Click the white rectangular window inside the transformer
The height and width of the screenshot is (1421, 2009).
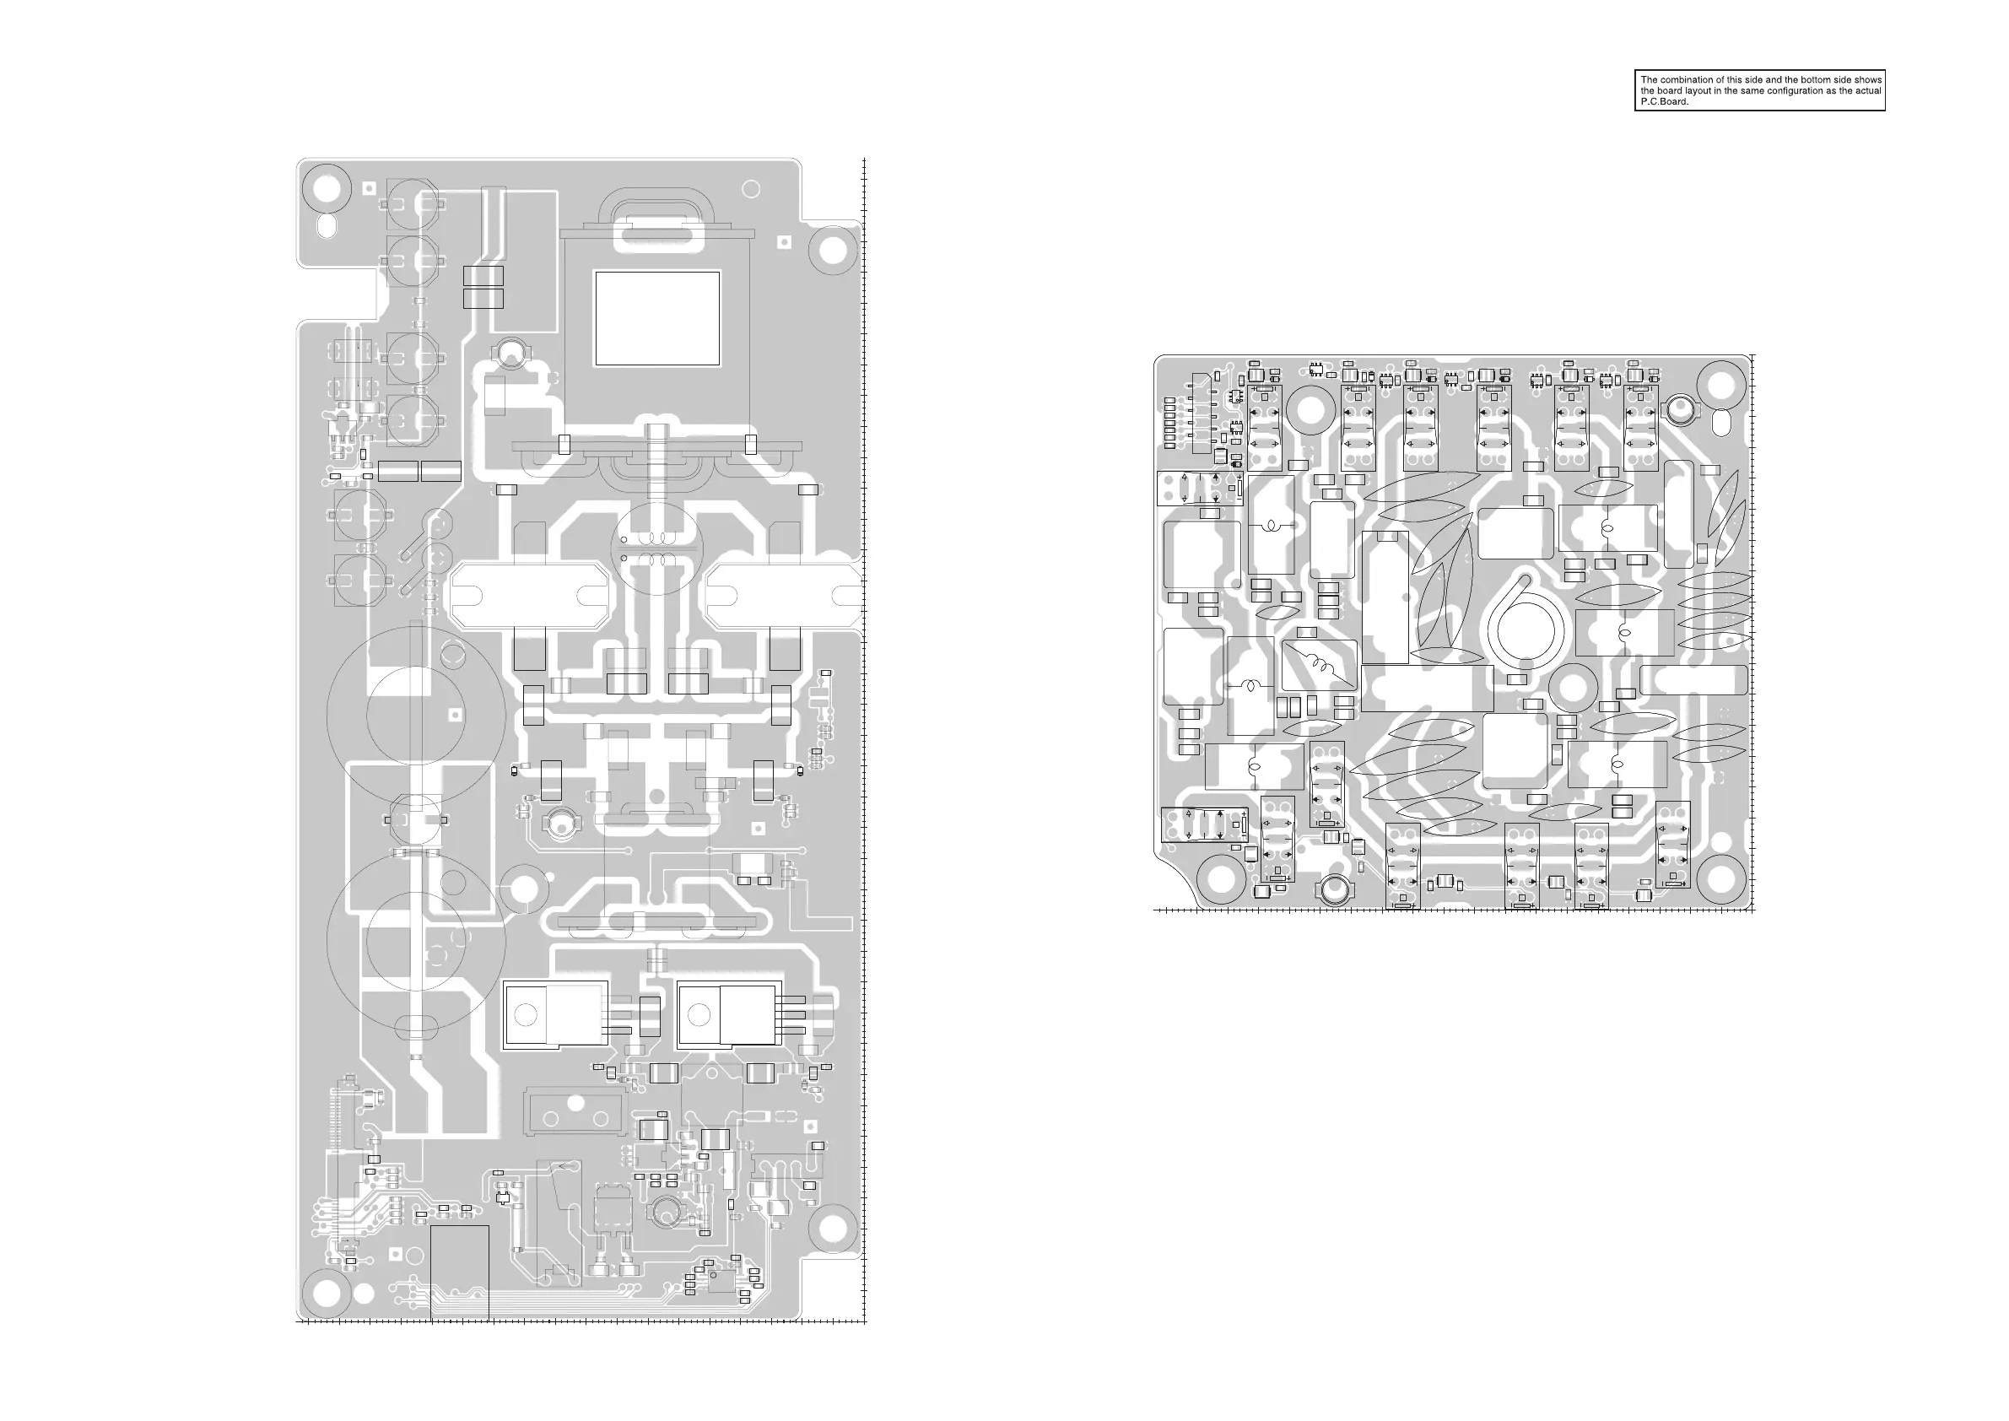coord(657,318)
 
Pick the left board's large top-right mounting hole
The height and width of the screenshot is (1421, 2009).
coord(833,251)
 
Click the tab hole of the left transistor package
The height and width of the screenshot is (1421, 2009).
coord(526,1015)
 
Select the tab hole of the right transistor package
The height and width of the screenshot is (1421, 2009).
coord(699,1015)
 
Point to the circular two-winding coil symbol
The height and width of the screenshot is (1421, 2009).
coord(656,548)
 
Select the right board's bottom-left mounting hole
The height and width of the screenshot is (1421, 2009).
coord(1223,879)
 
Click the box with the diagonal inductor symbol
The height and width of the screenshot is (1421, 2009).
coord(1319,666)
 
